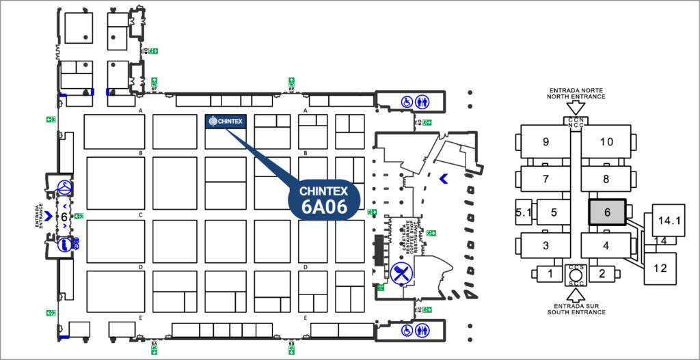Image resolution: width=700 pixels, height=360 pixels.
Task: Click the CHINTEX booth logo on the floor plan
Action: tap(225, 122)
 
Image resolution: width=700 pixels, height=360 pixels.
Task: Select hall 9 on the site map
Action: tap(546, 142)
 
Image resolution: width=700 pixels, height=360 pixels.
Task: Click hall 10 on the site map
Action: tap(606, 142)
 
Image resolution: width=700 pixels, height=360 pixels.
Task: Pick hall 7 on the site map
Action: tap(546, 179)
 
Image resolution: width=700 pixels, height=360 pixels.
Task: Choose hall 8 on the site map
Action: tap(606, 179)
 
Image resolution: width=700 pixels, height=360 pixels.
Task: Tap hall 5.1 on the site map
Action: tap(524, 212)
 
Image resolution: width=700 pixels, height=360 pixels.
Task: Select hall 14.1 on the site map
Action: tap(668, 220)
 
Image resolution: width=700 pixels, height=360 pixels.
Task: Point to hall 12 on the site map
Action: tap(660, 268)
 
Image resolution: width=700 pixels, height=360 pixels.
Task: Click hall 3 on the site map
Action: tap(546, 245)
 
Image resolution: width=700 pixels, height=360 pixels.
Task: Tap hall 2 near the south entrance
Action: tap(602, 274)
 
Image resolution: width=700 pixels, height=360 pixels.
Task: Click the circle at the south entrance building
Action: tap(575, 275)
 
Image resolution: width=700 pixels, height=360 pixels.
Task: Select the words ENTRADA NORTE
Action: tap(576, 89)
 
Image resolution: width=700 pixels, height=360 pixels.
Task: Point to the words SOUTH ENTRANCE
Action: tap(576, 312)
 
